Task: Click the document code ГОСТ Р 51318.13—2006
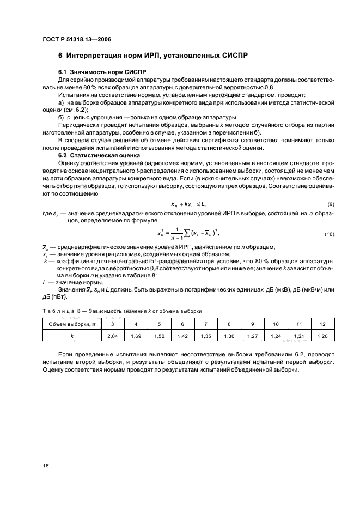(74, 39)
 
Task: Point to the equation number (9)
(330, 203)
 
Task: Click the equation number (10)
(329, 234)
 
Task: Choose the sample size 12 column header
(322, 324)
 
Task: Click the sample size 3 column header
(112, 324)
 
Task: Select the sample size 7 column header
(206, 324)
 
